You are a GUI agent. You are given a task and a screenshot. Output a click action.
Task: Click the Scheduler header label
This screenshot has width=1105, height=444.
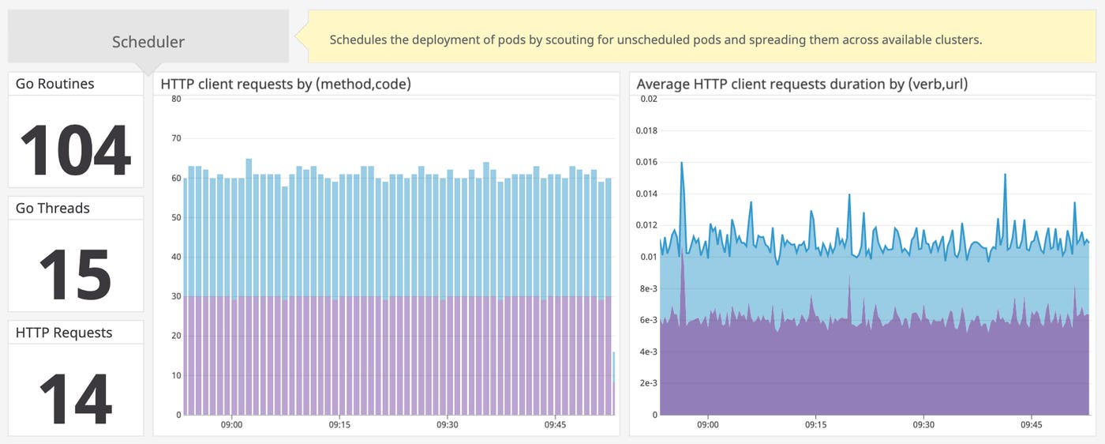coord(148,42)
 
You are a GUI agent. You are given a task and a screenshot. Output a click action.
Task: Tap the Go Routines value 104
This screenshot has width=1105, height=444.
coord(75,151)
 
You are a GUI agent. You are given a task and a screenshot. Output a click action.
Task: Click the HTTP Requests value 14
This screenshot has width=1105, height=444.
coord(75,398)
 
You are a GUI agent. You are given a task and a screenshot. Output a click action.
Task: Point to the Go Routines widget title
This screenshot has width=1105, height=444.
coord(54,84)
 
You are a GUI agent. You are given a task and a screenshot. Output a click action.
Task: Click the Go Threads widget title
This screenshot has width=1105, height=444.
coord(53,209)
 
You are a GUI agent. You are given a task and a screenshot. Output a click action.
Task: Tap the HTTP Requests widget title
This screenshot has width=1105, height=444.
coord(64,333)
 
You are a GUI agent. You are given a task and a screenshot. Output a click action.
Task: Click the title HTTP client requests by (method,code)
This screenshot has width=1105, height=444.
coord(286,84)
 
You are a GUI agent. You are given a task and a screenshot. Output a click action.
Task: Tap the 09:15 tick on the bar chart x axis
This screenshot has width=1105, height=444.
coord(339,424)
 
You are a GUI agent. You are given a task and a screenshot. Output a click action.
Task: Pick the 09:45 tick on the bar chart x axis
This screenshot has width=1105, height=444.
coord(555,424)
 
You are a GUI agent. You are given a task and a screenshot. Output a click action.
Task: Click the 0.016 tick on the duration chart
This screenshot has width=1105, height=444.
coord(646,162)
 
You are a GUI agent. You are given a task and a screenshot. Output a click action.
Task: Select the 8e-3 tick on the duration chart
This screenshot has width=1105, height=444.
coord(648,288)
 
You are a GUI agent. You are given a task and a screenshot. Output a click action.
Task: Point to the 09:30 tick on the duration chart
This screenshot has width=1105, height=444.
coord(923,424)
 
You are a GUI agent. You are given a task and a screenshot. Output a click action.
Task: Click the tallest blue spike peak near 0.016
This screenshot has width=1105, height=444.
coord(682,163)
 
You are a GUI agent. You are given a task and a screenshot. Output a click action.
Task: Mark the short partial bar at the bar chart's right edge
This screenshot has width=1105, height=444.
coord(613,383)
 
